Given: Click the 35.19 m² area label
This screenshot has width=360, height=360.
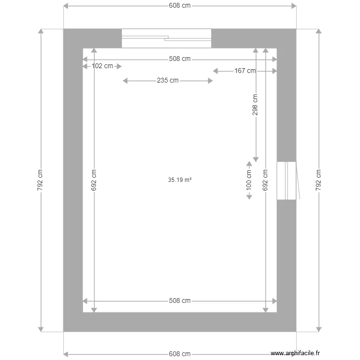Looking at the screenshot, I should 180,180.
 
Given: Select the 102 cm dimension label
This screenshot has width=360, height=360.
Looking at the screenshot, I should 102,66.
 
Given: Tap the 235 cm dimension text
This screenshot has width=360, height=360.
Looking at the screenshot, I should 168,81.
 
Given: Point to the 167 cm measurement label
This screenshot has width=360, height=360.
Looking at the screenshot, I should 245,71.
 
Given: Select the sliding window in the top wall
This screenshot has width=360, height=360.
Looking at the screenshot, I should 166,38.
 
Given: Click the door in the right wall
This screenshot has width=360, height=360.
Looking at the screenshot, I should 286,180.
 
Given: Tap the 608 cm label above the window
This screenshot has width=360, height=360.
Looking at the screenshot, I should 180,6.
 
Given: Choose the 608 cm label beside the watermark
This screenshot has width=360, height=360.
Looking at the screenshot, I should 180,354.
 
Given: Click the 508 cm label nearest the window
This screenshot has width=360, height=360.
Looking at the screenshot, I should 180,59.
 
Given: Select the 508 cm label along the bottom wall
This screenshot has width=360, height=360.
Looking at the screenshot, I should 180,301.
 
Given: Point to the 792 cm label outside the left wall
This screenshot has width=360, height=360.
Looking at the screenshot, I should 40,180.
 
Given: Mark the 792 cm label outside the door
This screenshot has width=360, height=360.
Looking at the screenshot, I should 318,180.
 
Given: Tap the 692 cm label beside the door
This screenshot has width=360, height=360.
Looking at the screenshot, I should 265,180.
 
